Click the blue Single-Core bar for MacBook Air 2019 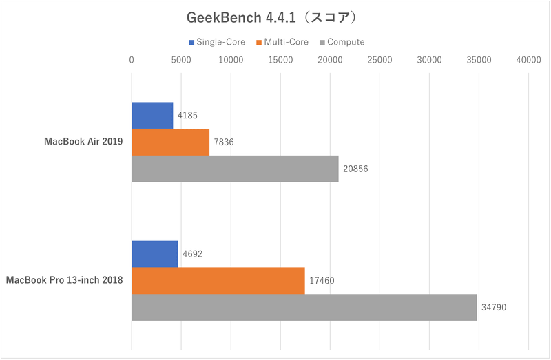152,115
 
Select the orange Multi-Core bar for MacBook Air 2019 170,142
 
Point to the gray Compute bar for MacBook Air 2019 235,169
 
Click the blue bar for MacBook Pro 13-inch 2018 154,254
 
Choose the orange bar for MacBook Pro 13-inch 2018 218,280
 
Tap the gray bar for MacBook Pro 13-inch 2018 304,307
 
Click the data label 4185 188,116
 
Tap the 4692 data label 192,254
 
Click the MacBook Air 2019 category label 83,142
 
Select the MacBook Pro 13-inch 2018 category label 65,281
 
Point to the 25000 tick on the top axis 380,60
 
